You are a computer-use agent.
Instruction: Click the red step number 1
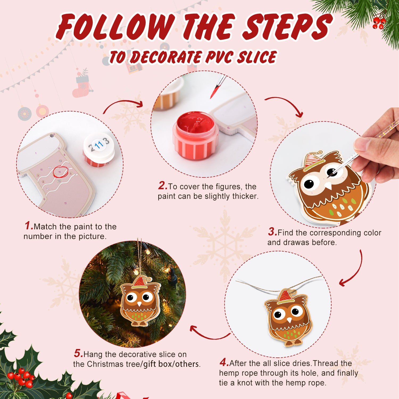[28, 226]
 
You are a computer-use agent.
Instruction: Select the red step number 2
[162, 186]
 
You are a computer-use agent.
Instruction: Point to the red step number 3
[272, 232]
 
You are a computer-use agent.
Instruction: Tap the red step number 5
[78, 354]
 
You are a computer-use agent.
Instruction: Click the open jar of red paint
[196, 134]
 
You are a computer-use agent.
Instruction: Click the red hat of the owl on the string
[285, 297]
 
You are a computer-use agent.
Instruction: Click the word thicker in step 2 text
[245, 196]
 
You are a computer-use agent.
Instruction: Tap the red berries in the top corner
[379, 23]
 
